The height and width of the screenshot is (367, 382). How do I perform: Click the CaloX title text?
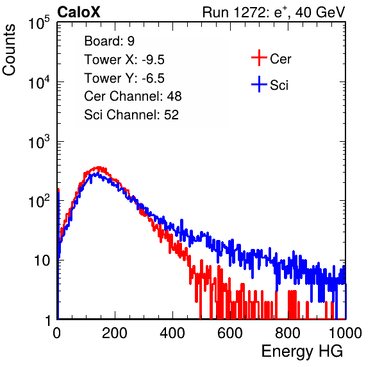[78, 12]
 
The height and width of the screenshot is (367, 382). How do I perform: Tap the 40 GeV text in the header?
[320, 12]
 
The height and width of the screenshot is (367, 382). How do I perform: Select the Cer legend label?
[280, 59]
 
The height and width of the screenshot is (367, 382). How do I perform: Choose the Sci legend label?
[279, 85]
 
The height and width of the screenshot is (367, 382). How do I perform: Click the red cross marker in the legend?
[259, 58]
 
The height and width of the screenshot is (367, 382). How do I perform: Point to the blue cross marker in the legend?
[259, 84]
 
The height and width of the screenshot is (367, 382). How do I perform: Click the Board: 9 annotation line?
[109, 41]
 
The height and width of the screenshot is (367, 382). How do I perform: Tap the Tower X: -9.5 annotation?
[124, 60]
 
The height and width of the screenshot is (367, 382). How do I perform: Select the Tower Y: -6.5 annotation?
[124, 78]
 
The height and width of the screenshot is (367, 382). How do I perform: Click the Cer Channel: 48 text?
[133, 96]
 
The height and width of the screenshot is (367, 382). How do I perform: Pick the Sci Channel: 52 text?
[131, 115]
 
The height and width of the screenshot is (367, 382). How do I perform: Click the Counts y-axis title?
[9, 50]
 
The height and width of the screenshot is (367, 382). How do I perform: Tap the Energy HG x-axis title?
[302, 352]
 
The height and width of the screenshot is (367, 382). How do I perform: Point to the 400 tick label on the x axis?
[172, 333]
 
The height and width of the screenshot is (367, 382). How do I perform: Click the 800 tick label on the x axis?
[288, 333]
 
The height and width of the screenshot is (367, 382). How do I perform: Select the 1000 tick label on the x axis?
[345, 333]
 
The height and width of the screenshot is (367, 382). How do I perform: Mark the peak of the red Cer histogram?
[99, 167]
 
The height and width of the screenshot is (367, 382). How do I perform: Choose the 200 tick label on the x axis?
[115, 333]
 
